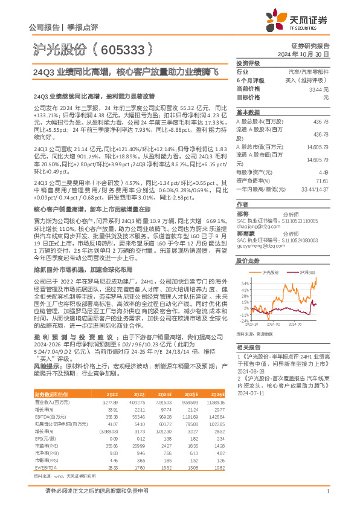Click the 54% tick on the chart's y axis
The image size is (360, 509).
coord(244,283)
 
